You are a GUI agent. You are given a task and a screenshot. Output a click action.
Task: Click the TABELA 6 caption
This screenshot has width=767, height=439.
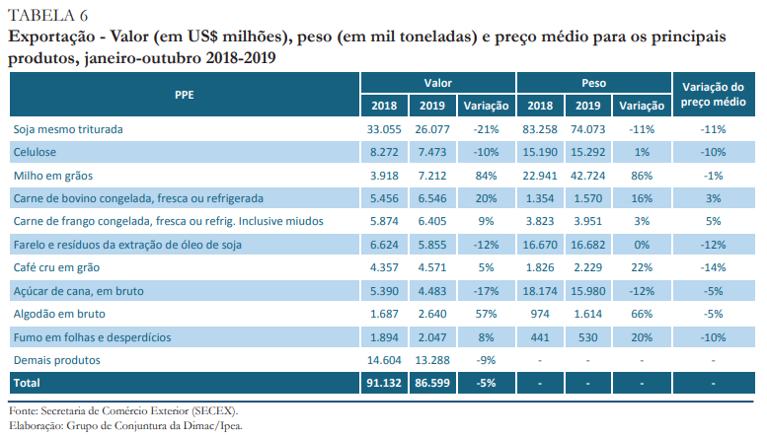coord(47,13)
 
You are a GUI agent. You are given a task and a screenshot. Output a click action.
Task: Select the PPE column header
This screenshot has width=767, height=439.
coord(184,96)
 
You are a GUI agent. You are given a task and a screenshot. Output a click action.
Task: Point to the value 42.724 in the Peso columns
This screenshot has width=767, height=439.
coord(588,176)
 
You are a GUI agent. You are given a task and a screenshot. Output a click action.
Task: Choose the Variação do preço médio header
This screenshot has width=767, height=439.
coord(712,95)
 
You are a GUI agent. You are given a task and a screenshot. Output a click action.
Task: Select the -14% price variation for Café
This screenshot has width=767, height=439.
coord(712,267)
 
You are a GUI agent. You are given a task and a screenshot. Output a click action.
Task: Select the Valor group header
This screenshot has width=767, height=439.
coord(437,84)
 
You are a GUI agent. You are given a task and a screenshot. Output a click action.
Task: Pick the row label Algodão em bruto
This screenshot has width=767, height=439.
coord(59,314)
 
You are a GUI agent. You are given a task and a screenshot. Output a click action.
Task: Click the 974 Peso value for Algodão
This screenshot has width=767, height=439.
coord(539,314)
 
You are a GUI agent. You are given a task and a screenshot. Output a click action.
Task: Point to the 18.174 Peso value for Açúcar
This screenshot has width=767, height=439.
coord(539,291)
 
